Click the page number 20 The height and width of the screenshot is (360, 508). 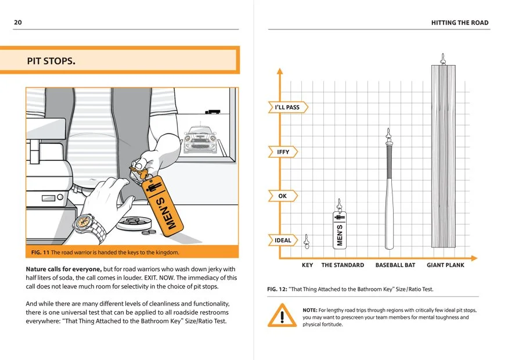pyautogui.click(x=18, y=23)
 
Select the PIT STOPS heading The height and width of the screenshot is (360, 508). pyautogui.click(x=51, y=61)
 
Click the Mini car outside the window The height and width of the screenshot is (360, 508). pyautogui.click(x=200, y=139)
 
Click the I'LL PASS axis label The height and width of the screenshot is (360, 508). pyautogui.click(x=287, y=107)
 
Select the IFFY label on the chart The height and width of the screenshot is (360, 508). pyautogui.click(x=283, y=152)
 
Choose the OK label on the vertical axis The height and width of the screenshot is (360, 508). pyautogui.click(x=282, y=196)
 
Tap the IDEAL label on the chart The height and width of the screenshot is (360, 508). pyautogui.click(x=283, y=240)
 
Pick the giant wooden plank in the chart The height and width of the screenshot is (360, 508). pyautogui.click(x=443, y=156)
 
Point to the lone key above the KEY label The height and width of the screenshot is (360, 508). pyautogui.click(x=307, y=242)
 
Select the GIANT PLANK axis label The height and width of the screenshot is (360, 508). pyautogui.click(x=445, y=265)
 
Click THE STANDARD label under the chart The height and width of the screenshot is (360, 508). pyautogui.click(x=343, y=265)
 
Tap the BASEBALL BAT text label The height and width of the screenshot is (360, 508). pyautogui.click(x=395, y=265)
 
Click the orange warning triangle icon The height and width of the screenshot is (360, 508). pyautogui.click(x=282, y=315)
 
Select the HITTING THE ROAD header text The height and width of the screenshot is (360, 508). pyautogui.click(x=460, y=23)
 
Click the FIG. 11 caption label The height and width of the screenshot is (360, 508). pyautogui.click(x=40, y=253)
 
